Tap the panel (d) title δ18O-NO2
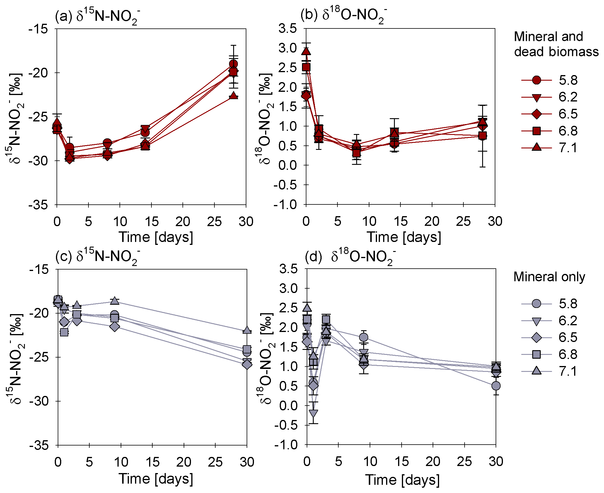pyautogui.click(x=350, y=257)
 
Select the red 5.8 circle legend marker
pyautogui.click(x=536, y=80)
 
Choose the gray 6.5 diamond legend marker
pyautogui.click(x=536, y=338)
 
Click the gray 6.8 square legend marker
pyautogui.click(x=536, y=355)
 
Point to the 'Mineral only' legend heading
pyautogui.click(x=549, y=277)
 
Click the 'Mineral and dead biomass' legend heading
pyautogui.click(x=556, y=44)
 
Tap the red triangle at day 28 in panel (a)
pyautogui.click(x=233, y=96)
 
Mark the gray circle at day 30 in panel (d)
pyautogui.click(x=496, y=386)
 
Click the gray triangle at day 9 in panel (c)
pyautogui.click(x=115, y=301)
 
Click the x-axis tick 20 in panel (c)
pyautogui.click(x=184, y=462)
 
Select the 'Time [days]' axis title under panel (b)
pyautogui.click(x=404, y=237)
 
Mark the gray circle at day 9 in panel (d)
pyautogui.click(x=364, y=337)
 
